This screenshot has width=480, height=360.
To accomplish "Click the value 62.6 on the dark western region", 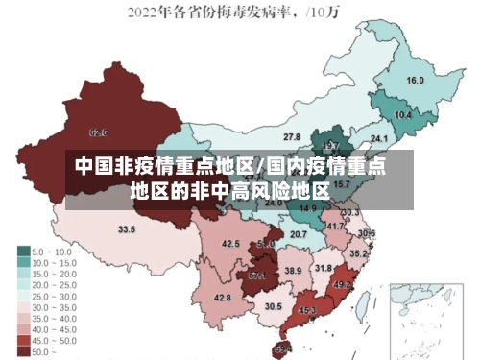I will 98,132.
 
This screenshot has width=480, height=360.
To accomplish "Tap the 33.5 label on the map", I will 127,229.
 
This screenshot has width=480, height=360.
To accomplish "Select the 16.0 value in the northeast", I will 415,81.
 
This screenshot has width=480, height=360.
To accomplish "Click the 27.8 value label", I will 291,137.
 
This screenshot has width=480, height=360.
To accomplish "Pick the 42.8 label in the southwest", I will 222,298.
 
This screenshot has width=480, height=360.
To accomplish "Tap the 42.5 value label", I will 230,244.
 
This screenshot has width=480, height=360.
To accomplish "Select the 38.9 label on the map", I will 293,272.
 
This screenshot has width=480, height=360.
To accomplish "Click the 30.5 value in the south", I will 274,306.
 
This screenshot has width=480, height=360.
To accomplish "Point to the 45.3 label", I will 307,310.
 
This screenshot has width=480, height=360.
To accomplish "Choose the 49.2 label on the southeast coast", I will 343,284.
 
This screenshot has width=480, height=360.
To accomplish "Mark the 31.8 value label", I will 324,268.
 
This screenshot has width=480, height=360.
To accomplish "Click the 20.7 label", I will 299,234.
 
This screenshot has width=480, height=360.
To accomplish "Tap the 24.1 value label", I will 366,139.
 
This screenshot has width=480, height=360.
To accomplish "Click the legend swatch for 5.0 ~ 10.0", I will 23,252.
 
